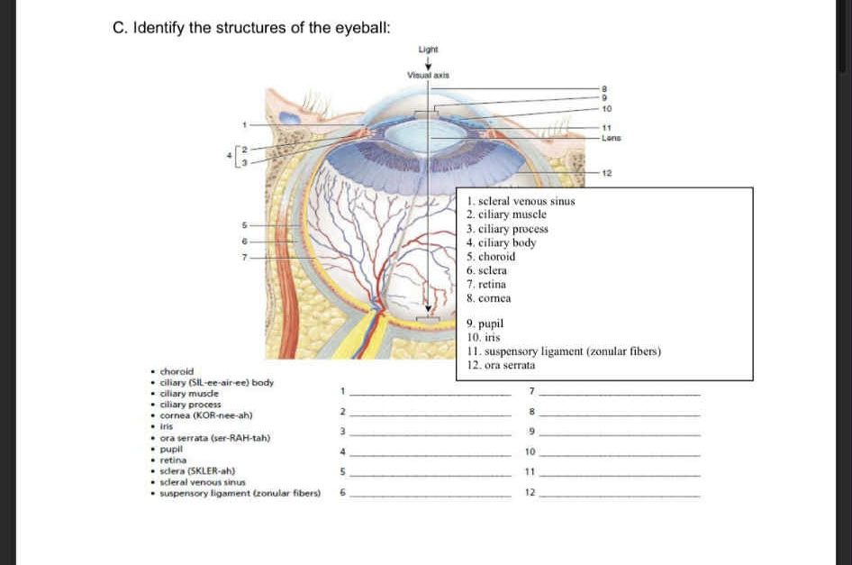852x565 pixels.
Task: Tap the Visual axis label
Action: tap(429, 77)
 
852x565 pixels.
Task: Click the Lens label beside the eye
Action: tap(612, 138)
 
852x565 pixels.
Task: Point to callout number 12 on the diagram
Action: tap(607, 171)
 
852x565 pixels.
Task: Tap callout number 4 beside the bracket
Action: tap(229, 156)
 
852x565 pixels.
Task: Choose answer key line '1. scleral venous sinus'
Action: tap(521, 201)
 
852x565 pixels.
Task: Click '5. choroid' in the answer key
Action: tap(491, 256)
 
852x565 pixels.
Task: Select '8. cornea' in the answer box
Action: tap(489, 297)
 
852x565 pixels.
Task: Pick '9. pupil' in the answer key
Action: tap(485, 323)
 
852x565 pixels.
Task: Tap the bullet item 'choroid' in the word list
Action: tap(177, 371)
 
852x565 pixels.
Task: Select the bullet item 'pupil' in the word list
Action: tap(171, 448)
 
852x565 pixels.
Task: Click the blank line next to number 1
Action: tap(429, 393)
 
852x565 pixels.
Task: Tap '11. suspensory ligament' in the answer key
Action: tap(564, 351)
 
